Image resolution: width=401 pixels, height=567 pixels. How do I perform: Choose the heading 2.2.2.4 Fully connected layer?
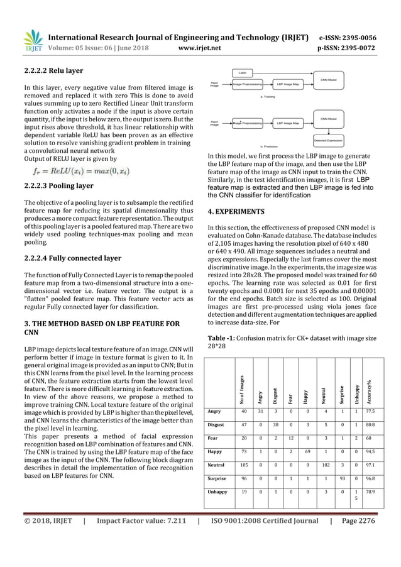[x=72, y=258]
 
